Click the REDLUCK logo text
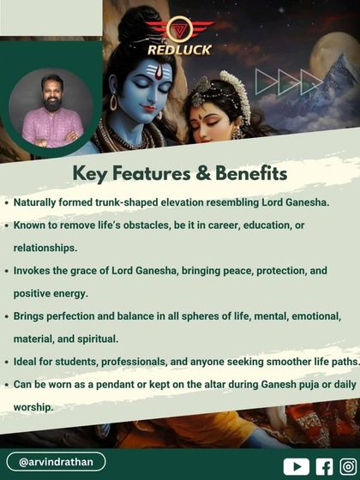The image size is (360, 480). [179, 49]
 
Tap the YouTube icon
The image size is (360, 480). [296, 466]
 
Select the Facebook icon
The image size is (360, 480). [324, 466]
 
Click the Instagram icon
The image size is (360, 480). [348, 466]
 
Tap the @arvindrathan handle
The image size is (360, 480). [56, 462]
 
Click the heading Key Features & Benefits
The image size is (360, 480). [179, 173]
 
